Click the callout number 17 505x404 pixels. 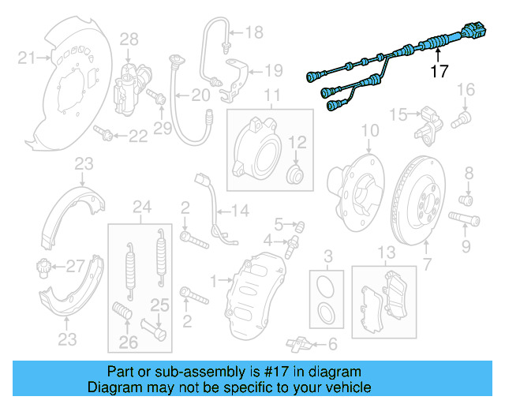440,71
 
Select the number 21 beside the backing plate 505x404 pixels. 28,57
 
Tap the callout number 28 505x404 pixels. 129,39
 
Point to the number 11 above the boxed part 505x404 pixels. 272,98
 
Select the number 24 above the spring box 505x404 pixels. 141,208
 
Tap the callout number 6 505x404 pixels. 331,344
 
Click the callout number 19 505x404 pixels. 272,70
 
